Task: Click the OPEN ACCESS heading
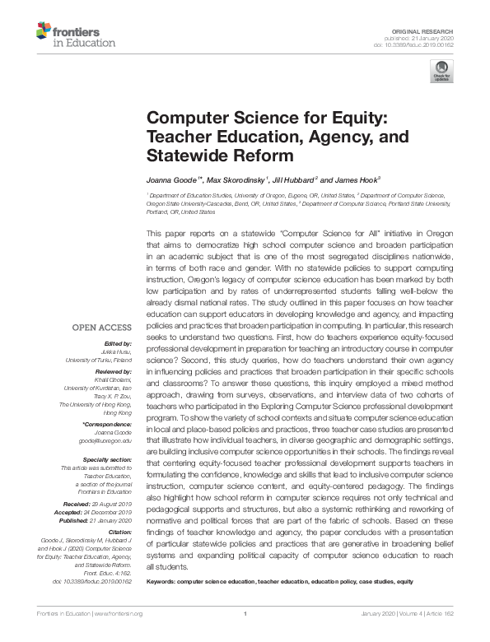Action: pyautogui.click(x=102, y=327)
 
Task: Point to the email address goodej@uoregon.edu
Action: pyautogui.click(x=105, y=440)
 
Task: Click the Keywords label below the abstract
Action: pyautogui.click(x=164, y=581)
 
